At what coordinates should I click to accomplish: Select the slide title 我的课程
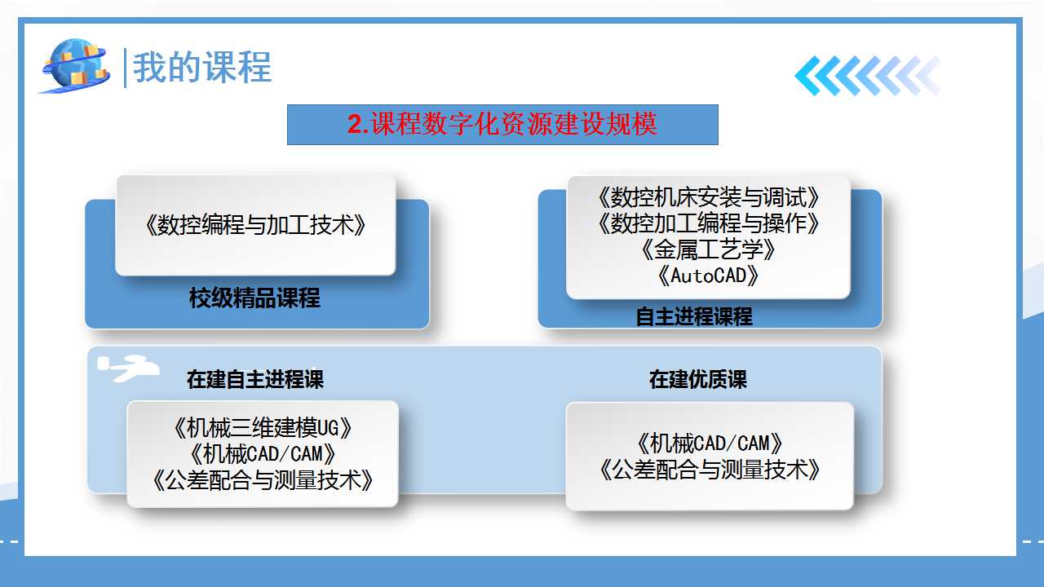(x=202, y=68)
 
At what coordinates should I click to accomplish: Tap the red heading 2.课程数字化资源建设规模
(x=502, y=124)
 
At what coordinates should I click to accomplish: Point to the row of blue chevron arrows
(x=868, y=76)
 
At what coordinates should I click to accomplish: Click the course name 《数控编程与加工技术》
(x=255, y=225)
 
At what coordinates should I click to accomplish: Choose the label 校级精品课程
(x=254, y=298)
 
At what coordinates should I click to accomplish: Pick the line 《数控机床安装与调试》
(x=709, y=197)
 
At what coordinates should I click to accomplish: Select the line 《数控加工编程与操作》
(x=709, y=223)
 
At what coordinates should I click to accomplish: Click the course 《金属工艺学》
(x=709, y=249)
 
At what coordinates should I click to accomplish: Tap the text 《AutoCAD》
(x=709, y=276)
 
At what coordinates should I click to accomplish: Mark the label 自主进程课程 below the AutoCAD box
(x=694, y=317)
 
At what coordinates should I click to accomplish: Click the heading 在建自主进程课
(x=255, y=379)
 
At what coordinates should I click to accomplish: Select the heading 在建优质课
(x=697, y=379)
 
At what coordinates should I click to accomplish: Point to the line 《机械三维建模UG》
(x=263, y=428)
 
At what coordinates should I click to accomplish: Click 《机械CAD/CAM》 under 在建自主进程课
(x=263, y=454)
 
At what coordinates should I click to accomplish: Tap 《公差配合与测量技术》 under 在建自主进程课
(x=263, y=480)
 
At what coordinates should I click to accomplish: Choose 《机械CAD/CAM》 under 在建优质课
(x=710, y=443)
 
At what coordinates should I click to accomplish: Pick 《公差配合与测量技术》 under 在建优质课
(x=710, y=469)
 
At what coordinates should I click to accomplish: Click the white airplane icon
(x=128, y=368)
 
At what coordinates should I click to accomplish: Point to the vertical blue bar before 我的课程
(x=125, y=68)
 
